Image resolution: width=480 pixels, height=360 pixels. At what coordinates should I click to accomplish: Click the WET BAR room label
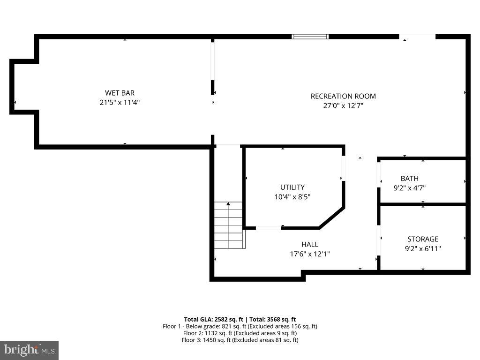point(120,93)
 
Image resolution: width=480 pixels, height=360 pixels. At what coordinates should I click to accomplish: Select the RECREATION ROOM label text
point(343,96)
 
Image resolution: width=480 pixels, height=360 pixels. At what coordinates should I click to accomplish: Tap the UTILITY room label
point(292,187)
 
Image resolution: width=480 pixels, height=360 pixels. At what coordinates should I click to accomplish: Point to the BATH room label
point(409,178)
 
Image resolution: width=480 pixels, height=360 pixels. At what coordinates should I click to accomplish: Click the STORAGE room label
point(423,239)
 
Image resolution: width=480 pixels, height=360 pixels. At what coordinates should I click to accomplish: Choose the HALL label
point(310,244)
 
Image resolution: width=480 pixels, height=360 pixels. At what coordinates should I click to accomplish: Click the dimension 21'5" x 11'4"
point(120,102)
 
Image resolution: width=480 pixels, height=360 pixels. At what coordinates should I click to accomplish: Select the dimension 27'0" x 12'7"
point(343,106)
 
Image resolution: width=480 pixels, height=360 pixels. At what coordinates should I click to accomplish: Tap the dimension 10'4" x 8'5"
point(292,197)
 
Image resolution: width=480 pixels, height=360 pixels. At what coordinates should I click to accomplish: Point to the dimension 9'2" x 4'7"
point(409,188)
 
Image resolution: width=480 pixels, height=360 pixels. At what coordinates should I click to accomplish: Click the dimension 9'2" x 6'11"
point(423,249)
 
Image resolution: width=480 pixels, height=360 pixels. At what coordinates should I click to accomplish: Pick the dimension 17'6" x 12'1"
point(310,254)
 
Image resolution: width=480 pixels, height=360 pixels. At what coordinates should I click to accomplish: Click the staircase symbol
point(229,225)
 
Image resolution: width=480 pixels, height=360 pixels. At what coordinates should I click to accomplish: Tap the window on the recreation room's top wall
point(310,37)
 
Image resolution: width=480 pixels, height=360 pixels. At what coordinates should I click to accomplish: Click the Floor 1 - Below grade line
point(240,326)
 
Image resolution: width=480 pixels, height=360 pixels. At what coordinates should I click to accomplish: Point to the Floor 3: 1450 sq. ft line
point(240,340)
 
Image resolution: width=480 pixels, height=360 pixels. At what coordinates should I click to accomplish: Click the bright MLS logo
point(29,350)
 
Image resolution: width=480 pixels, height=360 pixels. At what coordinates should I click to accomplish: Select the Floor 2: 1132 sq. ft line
point(240,333)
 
